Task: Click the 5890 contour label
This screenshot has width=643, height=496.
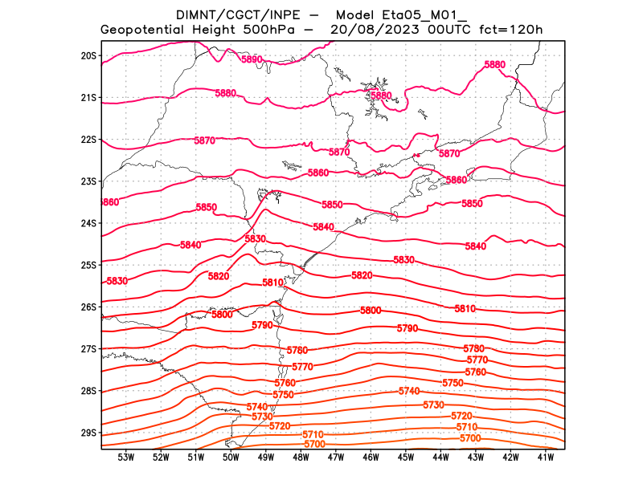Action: click(x=252, y=59)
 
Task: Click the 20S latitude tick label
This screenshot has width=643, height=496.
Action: click(x=88, y=55)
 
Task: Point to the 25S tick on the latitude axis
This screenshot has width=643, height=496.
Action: click(x=88, y=265)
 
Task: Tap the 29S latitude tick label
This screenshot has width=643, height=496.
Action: click(x=88, y=433)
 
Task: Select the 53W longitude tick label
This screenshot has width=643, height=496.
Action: click(x=126, y=457)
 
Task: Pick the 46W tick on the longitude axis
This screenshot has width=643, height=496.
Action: click(x=371, y=457)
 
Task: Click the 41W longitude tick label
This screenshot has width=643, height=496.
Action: click(x=546, y=457)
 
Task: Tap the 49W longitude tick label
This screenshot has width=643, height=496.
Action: click(x=266, y=457)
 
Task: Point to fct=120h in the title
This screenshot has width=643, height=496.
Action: click(x=511, y=30)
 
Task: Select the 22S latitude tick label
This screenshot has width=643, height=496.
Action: click(x=88, y=140)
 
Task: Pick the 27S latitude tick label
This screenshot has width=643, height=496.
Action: click(x=88, y=349)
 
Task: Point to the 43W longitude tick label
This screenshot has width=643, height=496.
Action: click(x=476, y=457)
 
